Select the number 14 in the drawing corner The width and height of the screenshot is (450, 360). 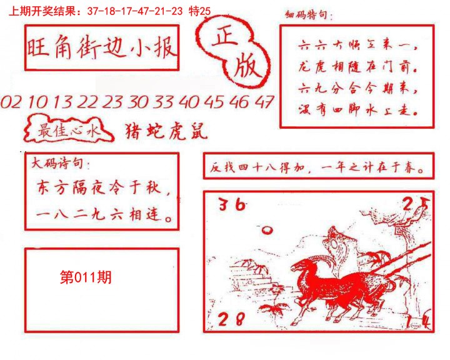424,322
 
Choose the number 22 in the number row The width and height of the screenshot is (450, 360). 88,102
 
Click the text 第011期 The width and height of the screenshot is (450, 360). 86,277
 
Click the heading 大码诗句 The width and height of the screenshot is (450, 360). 60,164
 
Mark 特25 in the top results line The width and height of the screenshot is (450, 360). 201,11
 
